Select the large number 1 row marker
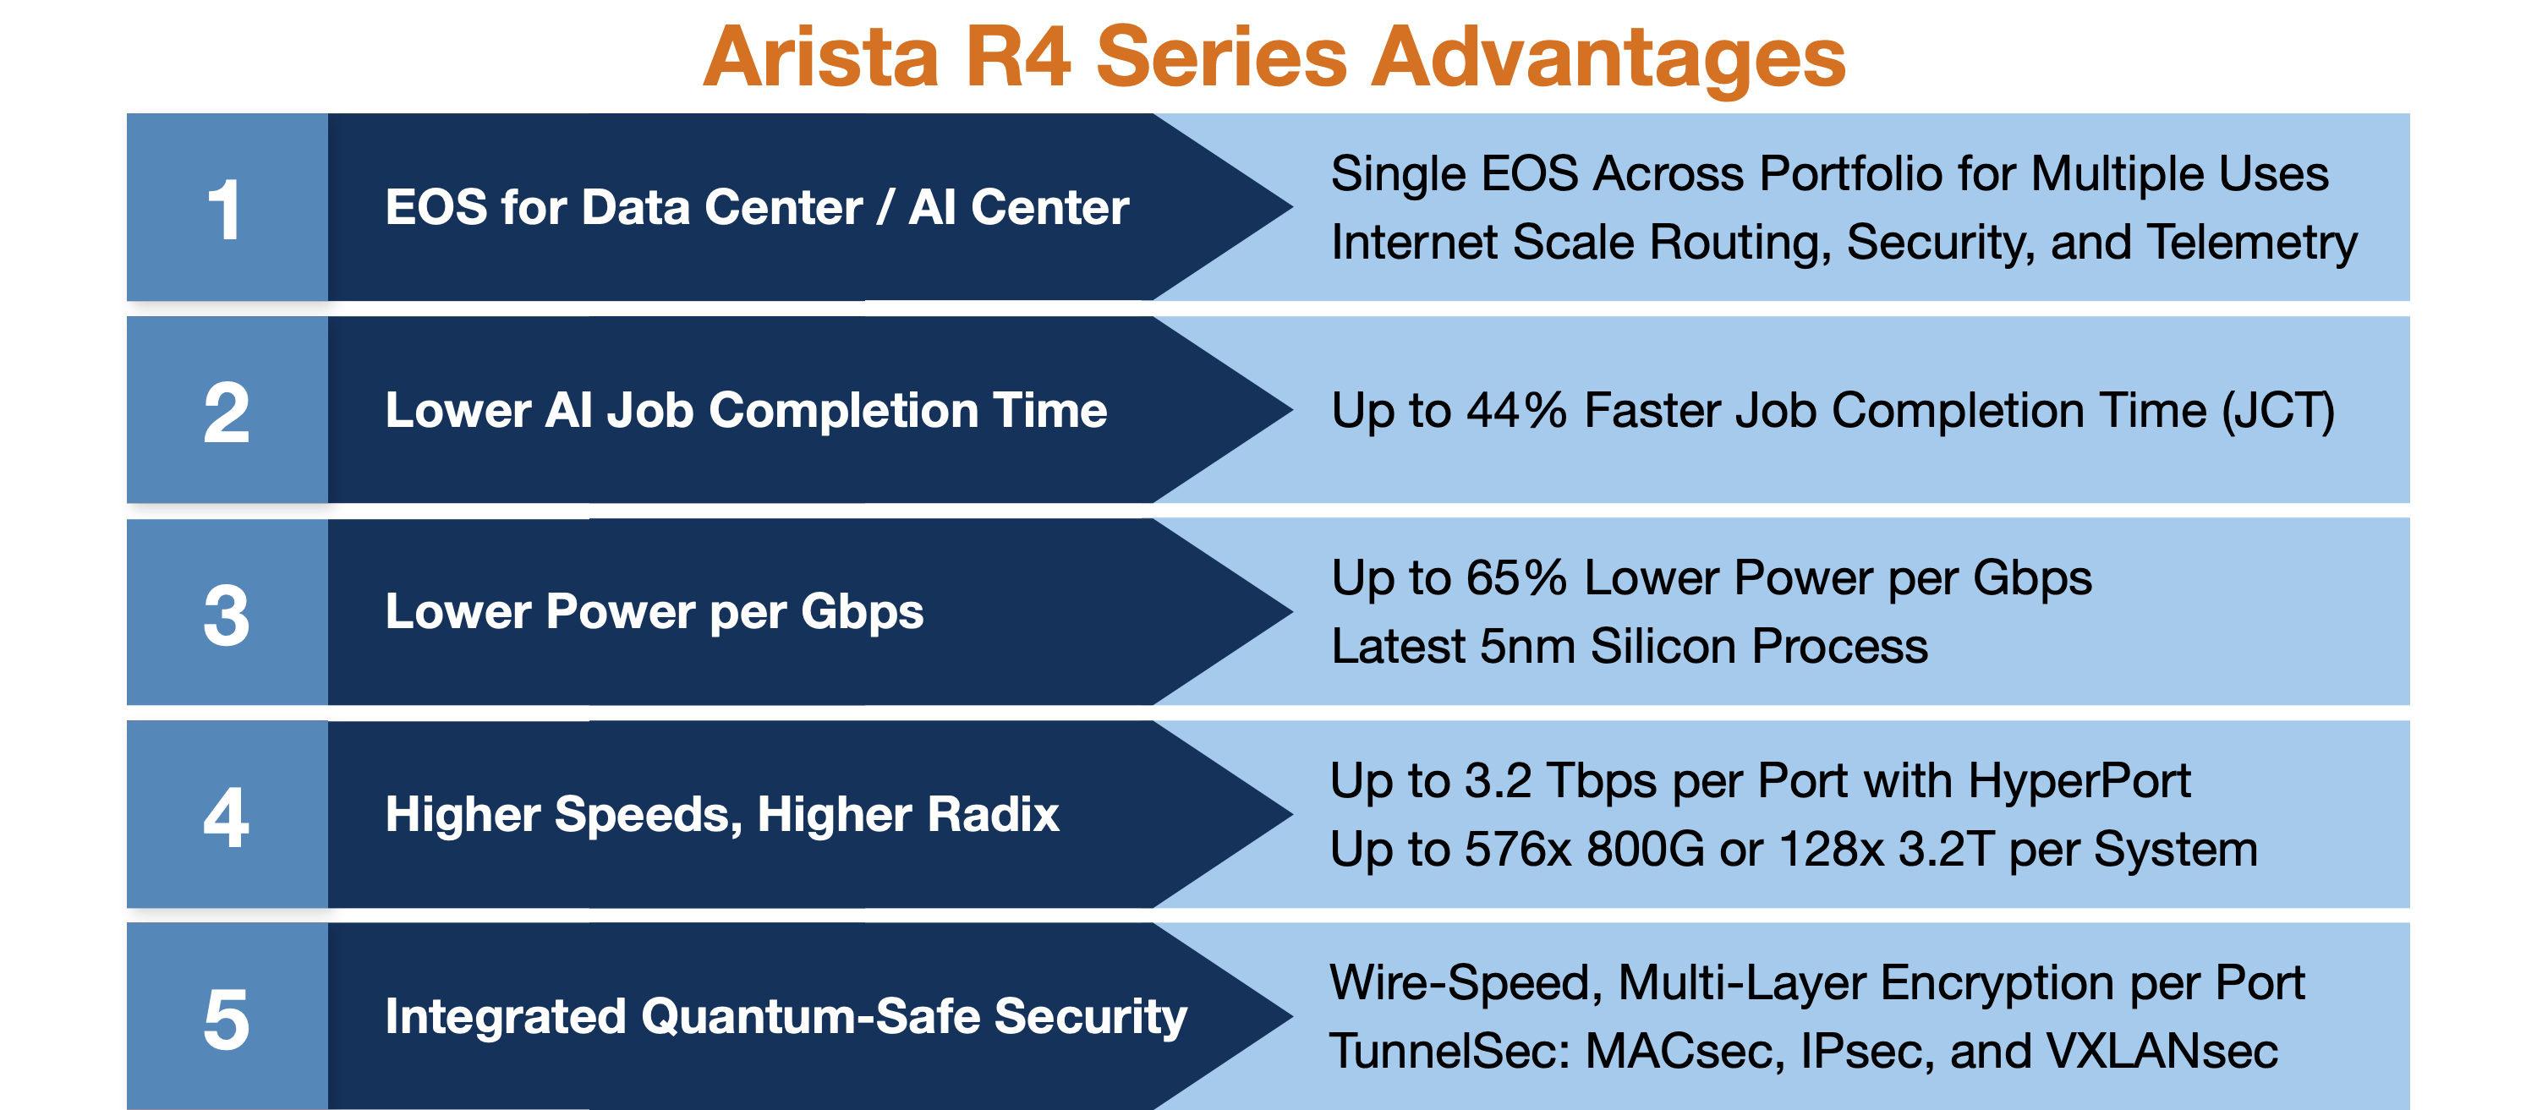pyautogui.click(x=226, y=209)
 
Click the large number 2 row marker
pyautogui.click(x=226, y=412)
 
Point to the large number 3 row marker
pyautogui.click(x=226, y=615)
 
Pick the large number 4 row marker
pyautogui.click(x=226, y=817)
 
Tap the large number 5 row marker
pyautogui.click(x=226, y=1019)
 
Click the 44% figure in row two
pyautogui.click(x=1515, y=410)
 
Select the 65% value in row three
pyautogui.click(x=1515, y=577)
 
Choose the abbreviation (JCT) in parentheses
pyautogui.click(x=2277, y=410)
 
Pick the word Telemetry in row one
pyautogui.click(x=2251, y=243)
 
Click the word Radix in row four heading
pyautogui.click(x=992, y=814)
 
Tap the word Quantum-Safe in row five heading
pyautogui.click(x=809, y=1016)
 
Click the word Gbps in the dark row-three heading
pyautogui.click(x=862, y=611)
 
